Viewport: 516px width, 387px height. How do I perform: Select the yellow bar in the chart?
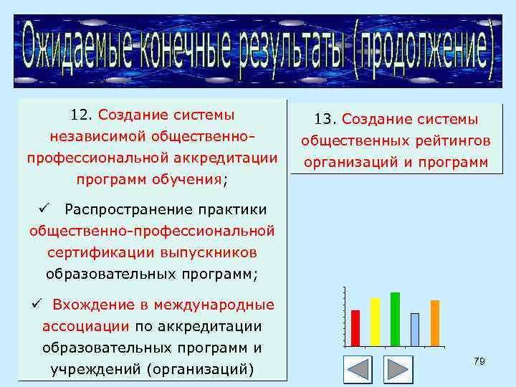[375, 322]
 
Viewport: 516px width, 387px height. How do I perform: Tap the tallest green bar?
[395, 319]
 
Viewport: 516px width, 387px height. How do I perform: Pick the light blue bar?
[415, 330]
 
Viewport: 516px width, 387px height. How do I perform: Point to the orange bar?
[435, 322]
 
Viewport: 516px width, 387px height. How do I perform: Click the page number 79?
[479, 362]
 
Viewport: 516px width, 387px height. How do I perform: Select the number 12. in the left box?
[82, 115]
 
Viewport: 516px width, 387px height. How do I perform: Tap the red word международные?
[214, 305]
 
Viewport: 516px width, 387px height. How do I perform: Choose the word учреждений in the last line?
[96, 369]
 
